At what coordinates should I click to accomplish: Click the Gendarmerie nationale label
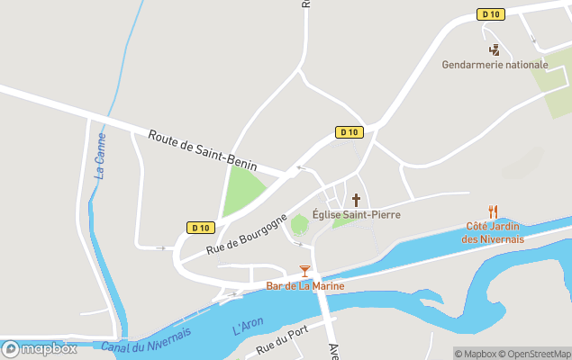pos(495,65)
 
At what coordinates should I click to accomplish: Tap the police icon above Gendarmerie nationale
pos(494,49)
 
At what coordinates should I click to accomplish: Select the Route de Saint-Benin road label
pos(203,151)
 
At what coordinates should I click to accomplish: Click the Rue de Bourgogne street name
pos(246,233)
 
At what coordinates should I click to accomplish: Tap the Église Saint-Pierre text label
pos(356,215)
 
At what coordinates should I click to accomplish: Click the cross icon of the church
pos(356,199)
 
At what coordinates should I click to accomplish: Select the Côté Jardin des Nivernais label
pos(494,232)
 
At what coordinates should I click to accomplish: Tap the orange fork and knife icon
pos(493,211)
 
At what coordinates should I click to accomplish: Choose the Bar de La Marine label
pos(304,286)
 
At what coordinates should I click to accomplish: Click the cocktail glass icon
pos(304,271)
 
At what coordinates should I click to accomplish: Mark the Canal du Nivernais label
pos(146,340)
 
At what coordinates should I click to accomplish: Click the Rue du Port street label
pos(282,340)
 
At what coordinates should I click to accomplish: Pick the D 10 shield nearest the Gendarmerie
pos(489,14)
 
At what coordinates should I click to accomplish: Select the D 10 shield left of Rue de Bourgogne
pos(200,227)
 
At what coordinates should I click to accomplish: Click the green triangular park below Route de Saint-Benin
pos(241,189)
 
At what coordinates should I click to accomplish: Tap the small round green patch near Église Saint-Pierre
pos(299,224)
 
